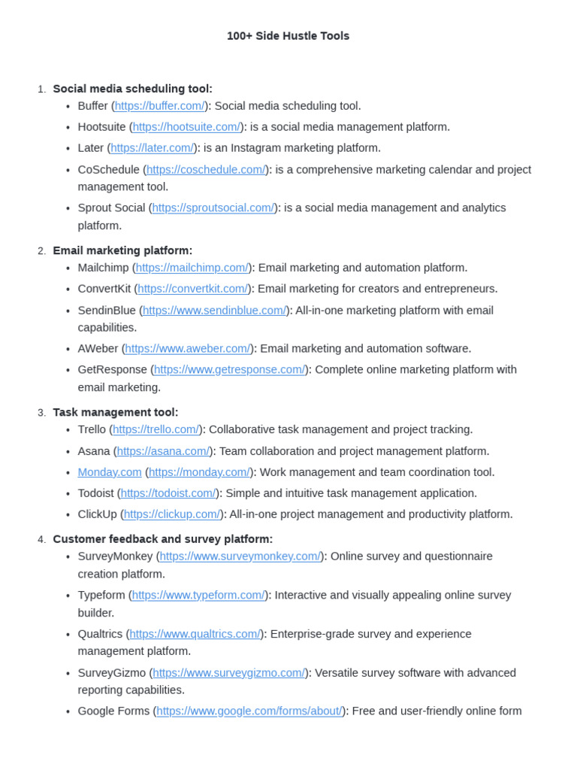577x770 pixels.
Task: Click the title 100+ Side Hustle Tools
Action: tap(288, 36)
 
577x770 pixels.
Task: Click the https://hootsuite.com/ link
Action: tap(186, 127)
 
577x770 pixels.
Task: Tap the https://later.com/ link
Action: tap(153, 148)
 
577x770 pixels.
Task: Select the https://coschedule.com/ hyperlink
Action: tap(206, 170)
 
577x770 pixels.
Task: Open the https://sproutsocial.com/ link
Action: tap(213, 208)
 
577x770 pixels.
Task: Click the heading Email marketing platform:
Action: tap(122, 250)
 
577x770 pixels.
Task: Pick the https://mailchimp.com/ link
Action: tap(192, 268)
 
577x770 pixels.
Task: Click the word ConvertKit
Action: tap(104, 289)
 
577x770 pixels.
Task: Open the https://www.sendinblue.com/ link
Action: tap(214, 311)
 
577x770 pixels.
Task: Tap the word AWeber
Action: tap(98, 349)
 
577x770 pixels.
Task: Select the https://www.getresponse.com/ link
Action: tap(230, 370)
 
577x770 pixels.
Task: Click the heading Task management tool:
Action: tap(116, 412)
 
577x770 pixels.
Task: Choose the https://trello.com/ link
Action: tap(156, 429)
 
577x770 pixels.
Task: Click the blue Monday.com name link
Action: tap(110, 472)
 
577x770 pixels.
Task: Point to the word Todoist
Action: tap(95, 493)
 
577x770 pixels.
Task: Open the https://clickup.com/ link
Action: tap(172, 514)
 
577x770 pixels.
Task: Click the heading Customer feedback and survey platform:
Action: tap(163, 539)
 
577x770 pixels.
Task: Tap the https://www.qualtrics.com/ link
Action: tap(195, 634)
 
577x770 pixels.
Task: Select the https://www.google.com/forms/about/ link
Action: tap(249, 711)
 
